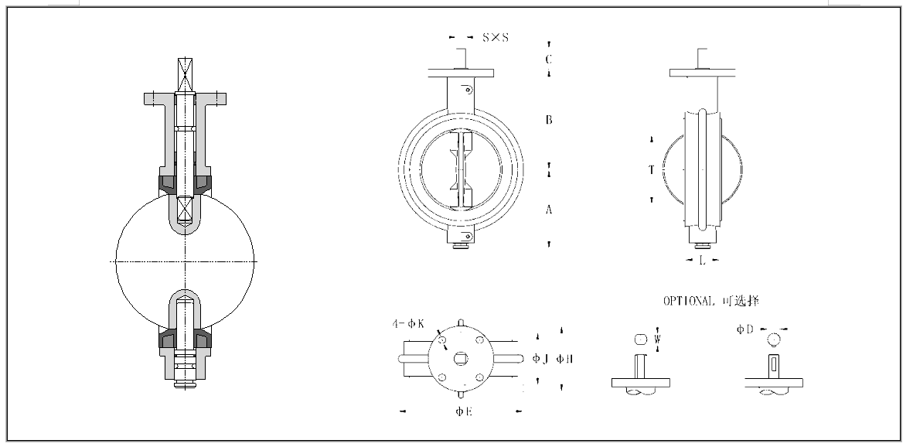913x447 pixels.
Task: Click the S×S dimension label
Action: (496, 37)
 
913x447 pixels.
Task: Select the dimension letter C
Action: (548, 59)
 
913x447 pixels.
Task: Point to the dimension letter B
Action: (548, 120)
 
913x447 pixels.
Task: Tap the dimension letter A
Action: (548, 210)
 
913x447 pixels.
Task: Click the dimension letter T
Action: (652, 169)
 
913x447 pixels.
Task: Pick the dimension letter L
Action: (702, 261)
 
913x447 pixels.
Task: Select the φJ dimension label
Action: (540, 358)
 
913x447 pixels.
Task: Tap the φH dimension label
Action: (564, 358)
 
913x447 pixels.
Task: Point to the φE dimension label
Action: (464, 411)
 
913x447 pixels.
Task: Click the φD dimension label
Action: (745, 329)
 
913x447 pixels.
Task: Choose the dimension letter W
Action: (657, 339)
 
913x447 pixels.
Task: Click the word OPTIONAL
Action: (690, 301)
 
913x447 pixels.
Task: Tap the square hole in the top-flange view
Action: (462, 358)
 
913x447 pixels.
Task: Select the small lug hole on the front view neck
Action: (468, 90)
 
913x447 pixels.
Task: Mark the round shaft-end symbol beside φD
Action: (774, 339)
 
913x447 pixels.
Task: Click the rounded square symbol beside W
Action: (639, 339)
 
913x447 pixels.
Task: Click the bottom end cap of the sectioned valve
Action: (184, 380)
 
